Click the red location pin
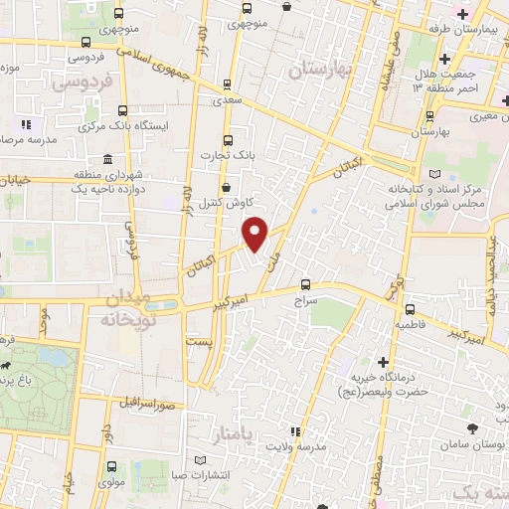[255, 234]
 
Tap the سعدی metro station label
[224, 101]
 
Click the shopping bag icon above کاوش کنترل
[228, 186]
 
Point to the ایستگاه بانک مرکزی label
[113, 127]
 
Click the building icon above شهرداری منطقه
[107, 161]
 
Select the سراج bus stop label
[303, 296]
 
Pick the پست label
[198, 339]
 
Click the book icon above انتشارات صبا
[202, 461]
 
